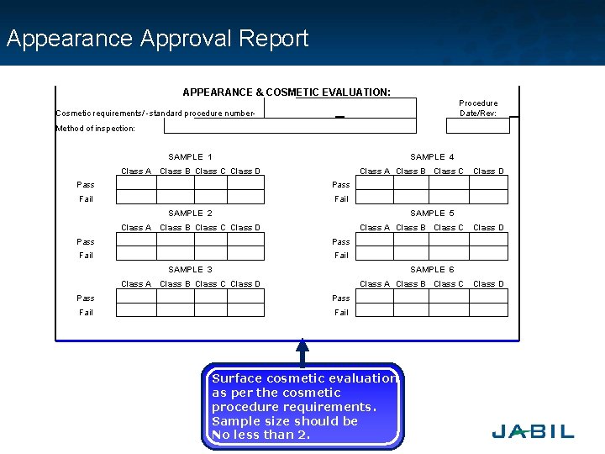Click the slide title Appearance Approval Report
tap(158, 39)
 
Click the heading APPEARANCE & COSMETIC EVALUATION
tap(287, 92)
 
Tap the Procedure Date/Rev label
tap(478, 108)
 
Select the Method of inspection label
tap(95, 129)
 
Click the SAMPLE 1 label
tap(190, 157)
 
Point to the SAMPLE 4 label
tap(432, 157)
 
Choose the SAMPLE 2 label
tap(190, 214)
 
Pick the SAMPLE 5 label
tap(432, 214)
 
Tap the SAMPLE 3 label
tap(190, 270)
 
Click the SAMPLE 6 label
tap(432, 270)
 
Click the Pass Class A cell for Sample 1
tap(136, 184)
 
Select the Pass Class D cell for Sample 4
tap(488, 184)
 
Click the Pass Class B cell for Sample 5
tap(412, 240)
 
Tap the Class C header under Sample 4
tap(449, 172)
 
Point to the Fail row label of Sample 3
tap(86, 312)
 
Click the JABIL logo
tap(533, 432)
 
